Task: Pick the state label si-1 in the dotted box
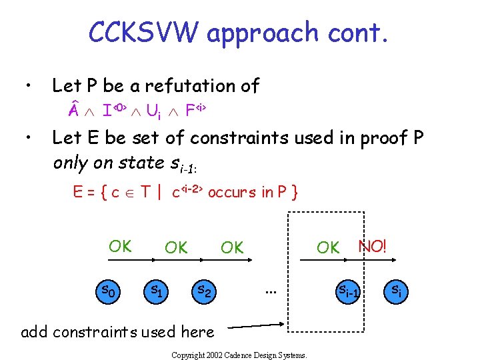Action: point(348,291)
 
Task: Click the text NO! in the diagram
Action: point(372,246)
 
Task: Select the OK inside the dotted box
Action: point(328,247)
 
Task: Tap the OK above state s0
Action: point(120,246)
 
